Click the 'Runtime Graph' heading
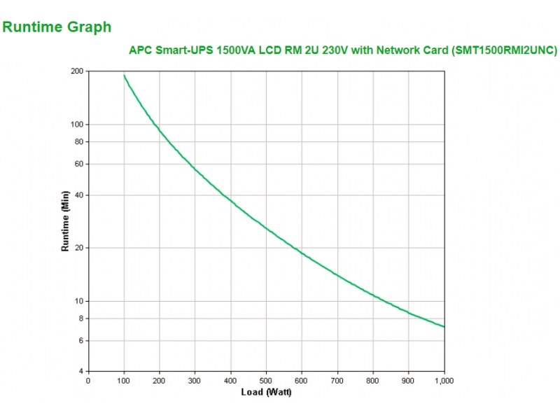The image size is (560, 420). click(57, 27)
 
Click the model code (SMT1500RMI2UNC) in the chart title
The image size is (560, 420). click(505, 50)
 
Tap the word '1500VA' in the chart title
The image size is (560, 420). click(236, 50)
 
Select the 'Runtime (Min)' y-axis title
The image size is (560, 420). click(65, 221)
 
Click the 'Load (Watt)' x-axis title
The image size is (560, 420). click(266, 392)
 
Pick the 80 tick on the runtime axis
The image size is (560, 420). click(78, 142)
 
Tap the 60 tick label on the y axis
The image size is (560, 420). click(78, 164)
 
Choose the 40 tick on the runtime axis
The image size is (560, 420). click(78, 195)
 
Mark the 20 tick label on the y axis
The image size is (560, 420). click(78, 248)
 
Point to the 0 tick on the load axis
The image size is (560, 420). click(88, 381)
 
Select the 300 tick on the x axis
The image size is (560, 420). click(195, 381)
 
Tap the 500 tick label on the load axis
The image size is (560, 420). click(266, 381)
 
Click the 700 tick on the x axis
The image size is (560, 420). click(337, 381)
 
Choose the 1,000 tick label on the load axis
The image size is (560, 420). click(443, 381)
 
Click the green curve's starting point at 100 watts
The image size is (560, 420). click(124, 75)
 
